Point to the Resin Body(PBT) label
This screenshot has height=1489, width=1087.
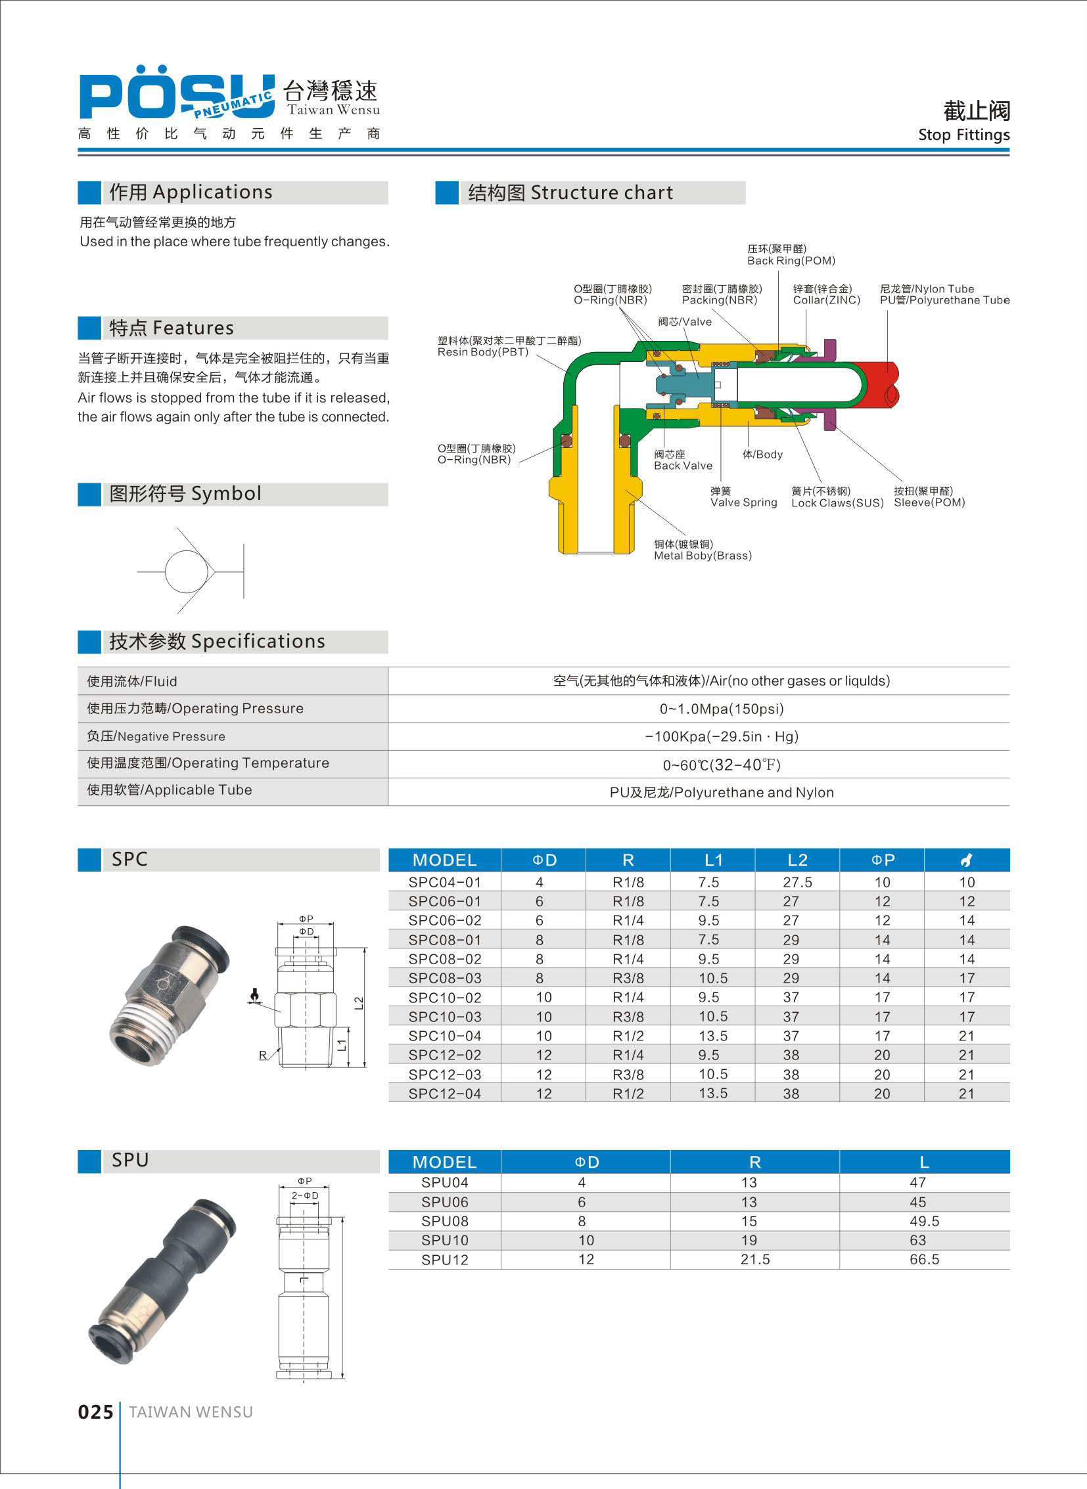(482, 352)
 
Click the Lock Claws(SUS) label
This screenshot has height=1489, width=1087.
(837, 503)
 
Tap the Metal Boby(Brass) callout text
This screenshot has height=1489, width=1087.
(702, 556)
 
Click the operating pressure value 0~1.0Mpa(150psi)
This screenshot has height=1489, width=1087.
(722, 709)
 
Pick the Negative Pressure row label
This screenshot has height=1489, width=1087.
(156, 736)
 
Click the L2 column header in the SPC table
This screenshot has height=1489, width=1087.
(797, 860)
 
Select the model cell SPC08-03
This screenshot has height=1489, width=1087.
(445, 978)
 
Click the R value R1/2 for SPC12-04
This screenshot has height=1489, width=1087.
(628, 1094)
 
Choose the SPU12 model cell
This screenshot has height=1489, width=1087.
(445, 1260)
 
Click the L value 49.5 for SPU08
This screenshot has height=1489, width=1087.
(924, 1221)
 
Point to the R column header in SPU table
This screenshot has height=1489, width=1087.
(754, 1162)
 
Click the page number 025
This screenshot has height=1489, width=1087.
(95, 1412)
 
